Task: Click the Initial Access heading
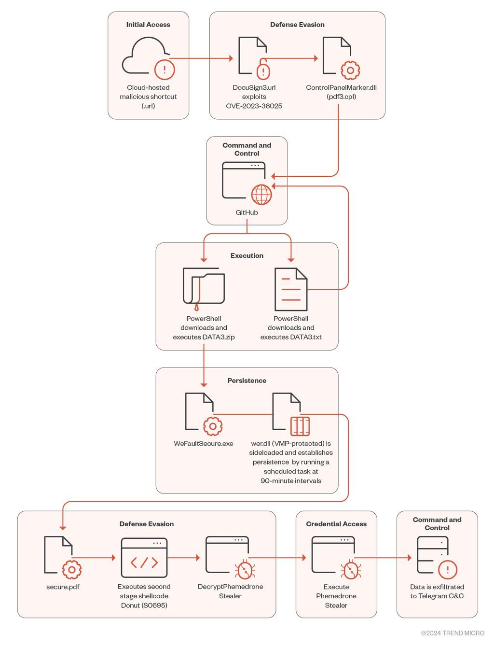(148, 25)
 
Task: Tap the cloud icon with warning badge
(149, 58)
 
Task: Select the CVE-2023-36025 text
(254, 106)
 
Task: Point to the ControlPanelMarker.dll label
(341, 87)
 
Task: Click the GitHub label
(247, 212)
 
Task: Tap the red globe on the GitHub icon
(261, 195)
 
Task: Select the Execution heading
(247, 255)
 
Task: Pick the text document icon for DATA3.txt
(291, 289)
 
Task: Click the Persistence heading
(247, 380)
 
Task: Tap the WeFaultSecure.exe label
(204, 443)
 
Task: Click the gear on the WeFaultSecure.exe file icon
(213, 426)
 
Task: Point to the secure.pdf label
(63, 587)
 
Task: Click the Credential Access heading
(336, 524)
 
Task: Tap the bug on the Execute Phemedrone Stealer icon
(351, 569)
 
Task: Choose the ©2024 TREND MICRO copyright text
(453, 633)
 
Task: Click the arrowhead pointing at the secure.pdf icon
(63, 528)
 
